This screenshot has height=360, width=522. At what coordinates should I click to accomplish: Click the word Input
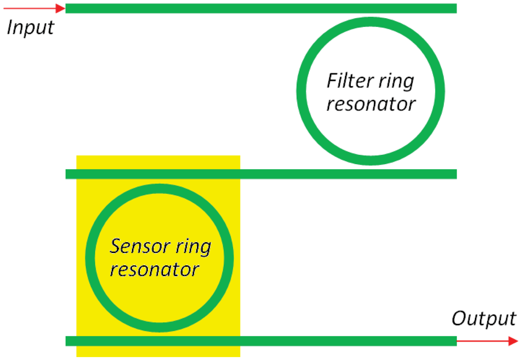click(x=30, y=28)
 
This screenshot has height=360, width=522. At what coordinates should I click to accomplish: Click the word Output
click(x=484, y=319)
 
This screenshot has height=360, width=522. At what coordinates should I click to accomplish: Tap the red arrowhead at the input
click(x=61, y=8)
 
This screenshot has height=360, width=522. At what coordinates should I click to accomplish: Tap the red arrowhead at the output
click(x=513, y=341)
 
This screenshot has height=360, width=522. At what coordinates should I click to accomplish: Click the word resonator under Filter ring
click(x=371, y=104)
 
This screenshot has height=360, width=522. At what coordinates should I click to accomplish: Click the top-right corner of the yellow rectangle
click(x=240, y=156)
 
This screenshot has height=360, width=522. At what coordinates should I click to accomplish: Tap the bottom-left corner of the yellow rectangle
click(x=77, y=356)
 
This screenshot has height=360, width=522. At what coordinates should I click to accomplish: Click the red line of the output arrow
click(x=482, y=341)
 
